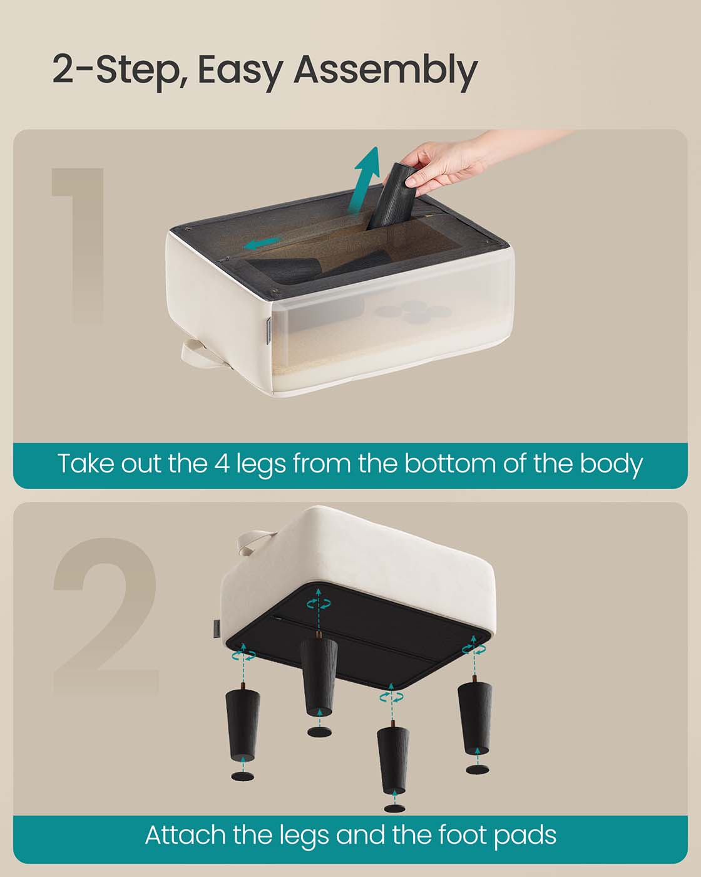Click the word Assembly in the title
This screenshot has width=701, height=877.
385,71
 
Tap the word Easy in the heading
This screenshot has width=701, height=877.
240,71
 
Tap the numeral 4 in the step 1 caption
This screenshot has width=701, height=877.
222,464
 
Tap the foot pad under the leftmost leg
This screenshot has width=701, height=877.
243,775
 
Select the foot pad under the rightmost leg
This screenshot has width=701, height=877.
478,769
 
